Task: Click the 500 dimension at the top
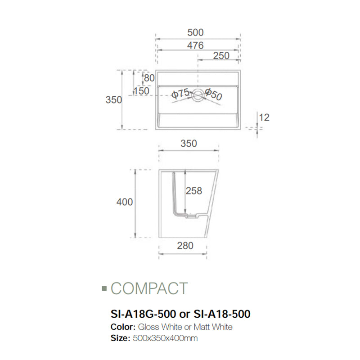(196, 32)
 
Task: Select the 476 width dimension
(196, 45)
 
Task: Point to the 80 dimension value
(149, 78)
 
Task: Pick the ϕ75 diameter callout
(180, 93)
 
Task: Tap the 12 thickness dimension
(265, 117)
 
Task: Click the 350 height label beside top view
(114, 100)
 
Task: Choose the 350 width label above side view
(189, 144)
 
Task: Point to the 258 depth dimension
(194, 191)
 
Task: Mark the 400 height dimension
(125, 202)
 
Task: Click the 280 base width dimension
(185, 245)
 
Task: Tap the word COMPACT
(149, 288)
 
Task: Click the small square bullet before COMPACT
(104, 288)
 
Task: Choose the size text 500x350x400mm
(164, 337)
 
